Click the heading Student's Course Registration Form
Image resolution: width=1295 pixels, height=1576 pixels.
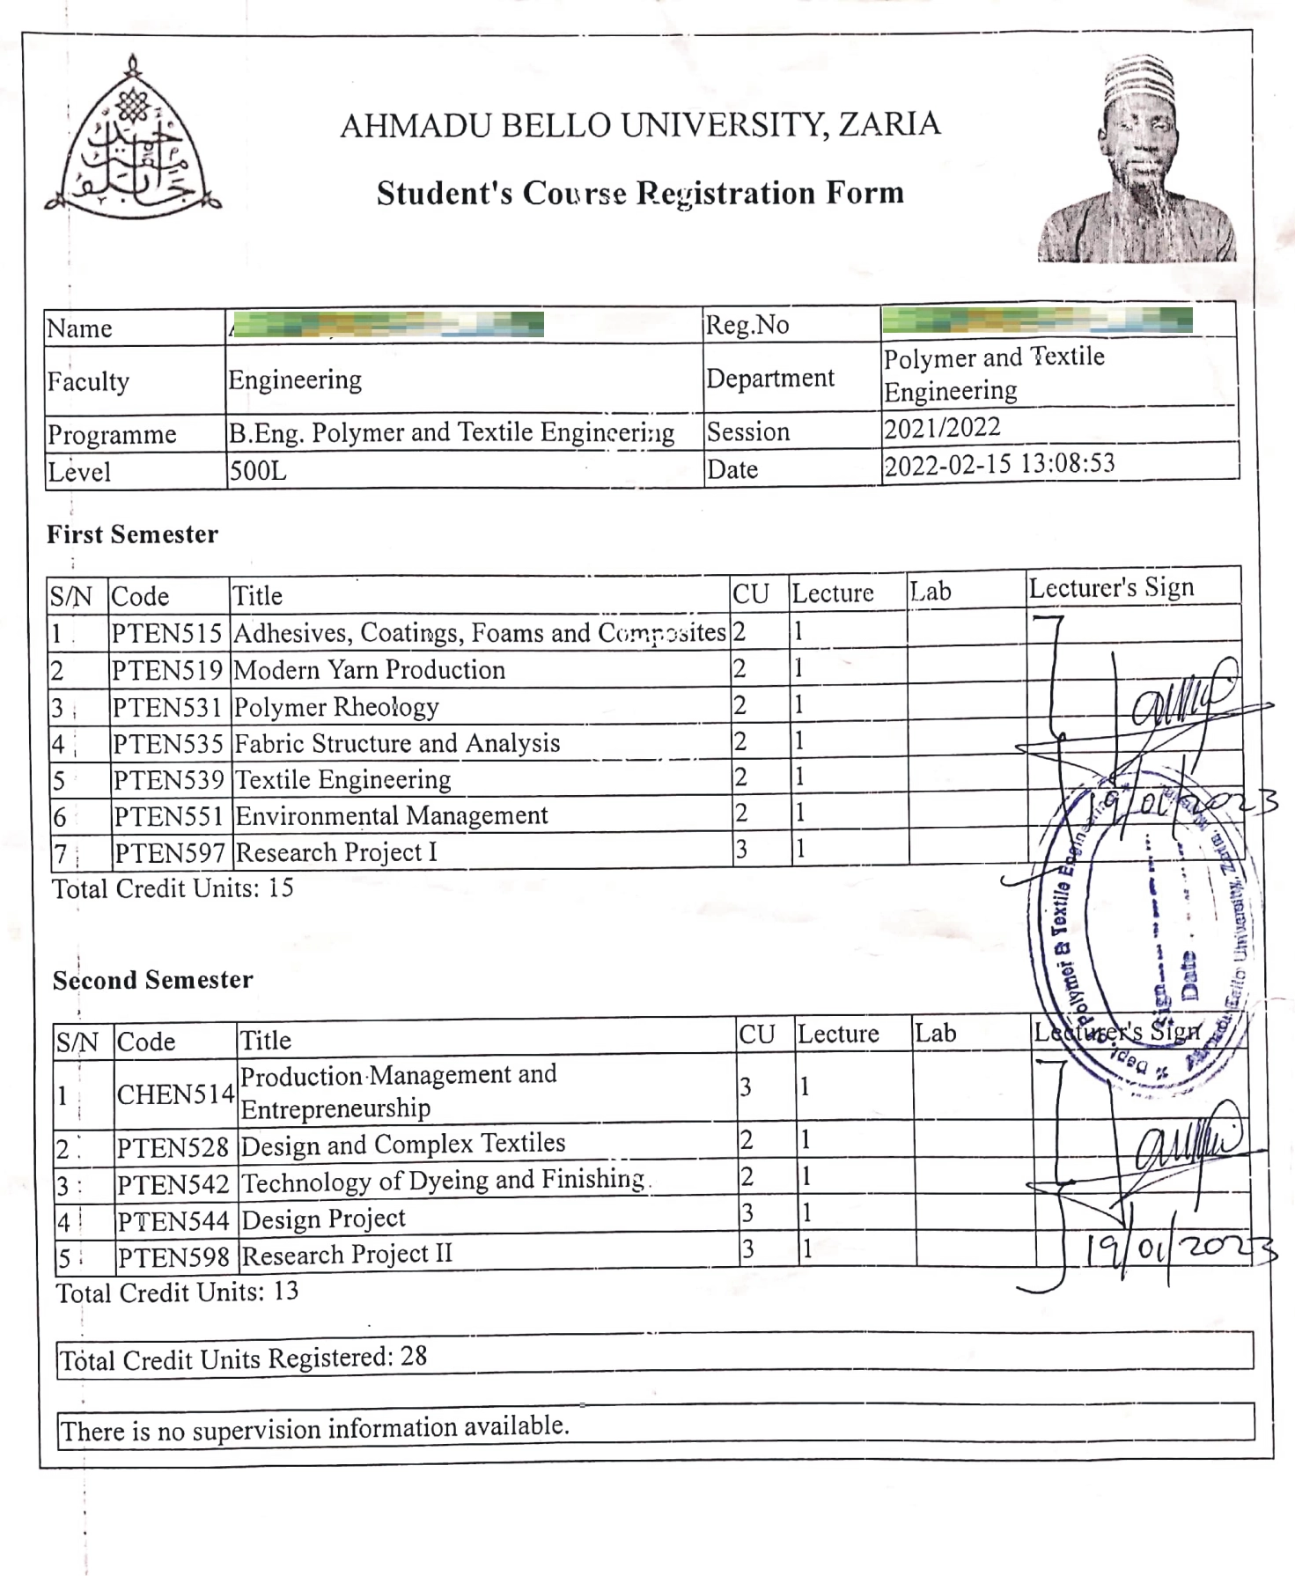pyautogui.click(x=640, y=193)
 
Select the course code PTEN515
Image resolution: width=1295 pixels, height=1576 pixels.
pyautogui.click(x=166, y=633)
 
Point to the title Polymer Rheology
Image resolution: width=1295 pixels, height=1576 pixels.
pyautogui.click(x=336, y=707)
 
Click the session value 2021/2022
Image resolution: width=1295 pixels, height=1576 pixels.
pyautogui.click(x=942, y=428)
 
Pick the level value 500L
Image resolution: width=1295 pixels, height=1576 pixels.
pyautogui.click(x=258, y=471)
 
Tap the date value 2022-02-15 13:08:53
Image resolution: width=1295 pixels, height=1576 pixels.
pyautogui.click(x=999, y=464)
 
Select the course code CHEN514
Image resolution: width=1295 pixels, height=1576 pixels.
pyautogui.click(x=175, y=1094)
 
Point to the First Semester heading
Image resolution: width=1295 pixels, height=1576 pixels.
pyautogui.click(x=132, y=534)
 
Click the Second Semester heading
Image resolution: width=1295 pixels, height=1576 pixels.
pyautogui.click(x=152, y=980)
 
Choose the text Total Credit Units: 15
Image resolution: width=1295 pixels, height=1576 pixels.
pyautogui.click(x=173, y=888)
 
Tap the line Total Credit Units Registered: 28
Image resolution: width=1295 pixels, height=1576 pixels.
pyautogui.click(x=243, y=1359)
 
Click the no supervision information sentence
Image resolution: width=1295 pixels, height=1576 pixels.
pyautogui.click(x=315, y=1428)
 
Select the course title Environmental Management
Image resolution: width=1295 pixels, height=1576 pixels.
pyautogui.click(x=392, y=816)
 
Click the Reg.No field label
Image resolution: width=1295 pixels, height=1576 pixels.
pyautogui.click(x=747, y=325)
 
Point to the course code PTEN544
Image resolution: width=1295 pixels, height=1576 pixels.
pyautogui.click(x=173, y=1221)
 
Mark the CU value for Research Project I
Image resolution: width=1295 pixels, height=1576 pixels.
pyautogui.click(x=741, y=850)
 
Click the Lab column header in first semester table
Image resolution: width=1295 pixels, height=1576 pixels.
pyautogui.click(x=931, y=592)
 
